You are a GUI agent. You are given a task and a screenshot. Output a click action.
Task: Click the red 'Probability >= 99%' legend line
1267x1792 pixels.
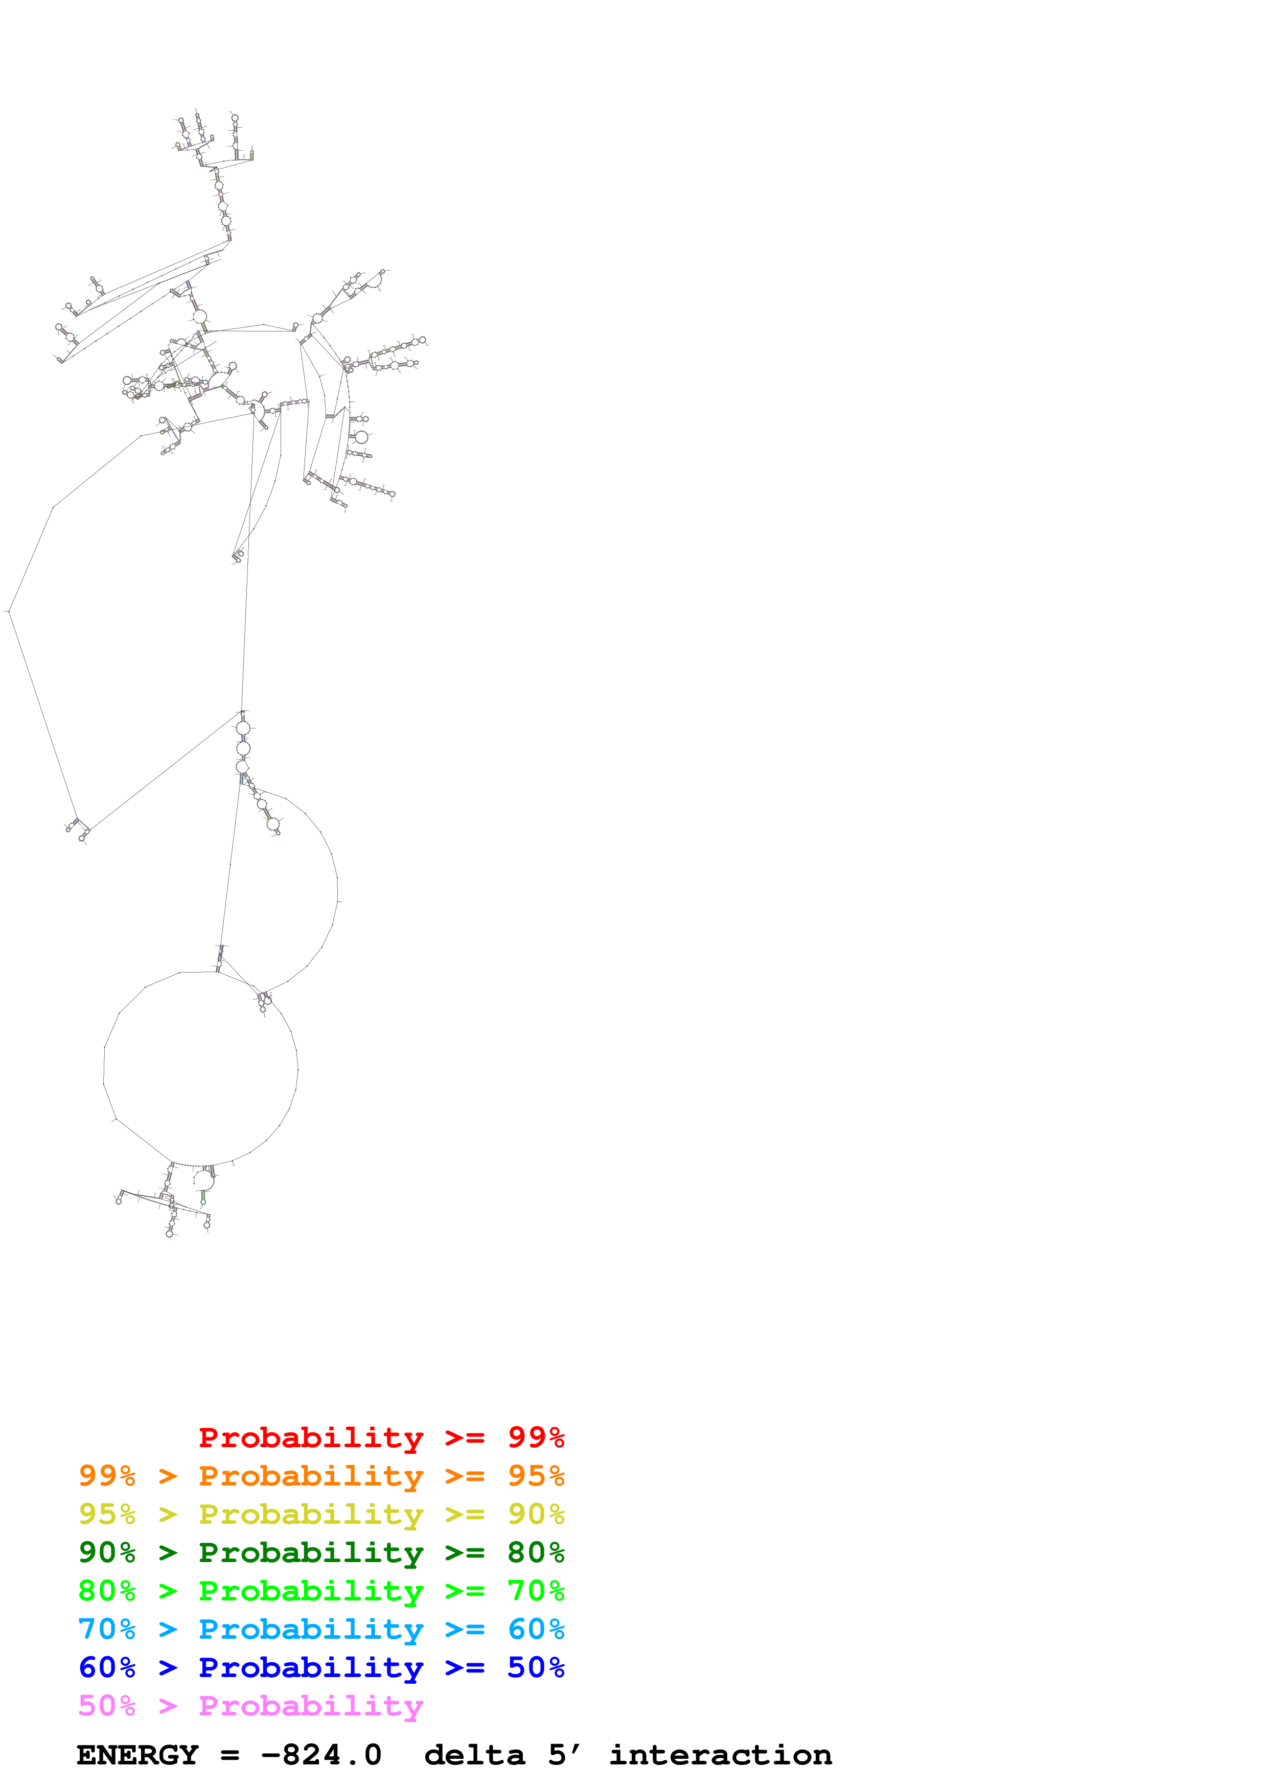(x=381, y=1437)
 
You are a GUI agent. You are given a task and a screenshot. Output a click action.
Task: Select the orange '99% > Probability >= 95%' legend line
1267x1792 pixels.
(x=321, y=1476)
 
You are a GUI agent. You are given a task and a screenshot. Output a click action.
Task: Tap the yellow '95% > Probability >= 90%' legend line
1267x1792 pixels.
(x=321, y=1514)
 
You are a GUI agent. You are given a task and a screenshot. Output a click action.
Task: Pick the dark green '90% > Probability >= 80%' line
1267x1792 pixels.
(x=321, y=1552)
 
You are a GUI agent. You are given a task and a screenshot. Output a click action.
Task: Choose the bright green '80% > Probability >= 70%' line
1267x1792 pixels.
(x=321, y=1591)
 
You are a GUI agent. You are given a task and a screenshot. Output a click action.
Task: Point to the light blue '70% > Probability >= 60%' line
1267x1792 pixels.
(x=321, y=1629)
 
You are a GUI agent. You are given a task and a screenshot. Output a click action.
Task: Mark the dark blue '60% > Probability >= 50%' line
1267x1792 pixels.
(x=321, y=1667)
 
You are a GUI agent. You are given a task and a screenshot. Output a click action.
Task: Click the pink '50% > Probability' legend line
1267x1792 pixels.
(x=250, y=1705)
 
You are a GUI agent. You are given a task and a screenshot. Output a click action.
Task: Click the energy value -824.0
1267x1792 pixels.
(x=321, y=1755)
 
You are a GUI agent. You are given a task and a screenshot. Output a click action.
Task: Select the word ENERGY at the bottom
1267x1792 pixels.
(x=137, y=1755)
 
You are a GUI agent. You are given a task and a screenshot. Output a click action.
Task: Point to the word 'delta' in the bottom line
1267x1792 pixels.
(x=475, y=1755)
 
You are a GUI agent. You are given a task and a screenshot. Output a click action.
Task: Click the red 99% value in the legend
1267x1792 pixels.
(x=536, y=1437)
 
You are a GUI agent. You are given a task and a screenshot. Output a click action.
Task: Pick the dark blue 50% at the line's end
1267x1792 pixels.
(x=536, y=1667)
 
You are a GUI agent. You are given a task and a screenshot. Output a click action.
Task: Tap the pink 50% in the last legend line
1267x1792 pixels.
(x=107, y=1705)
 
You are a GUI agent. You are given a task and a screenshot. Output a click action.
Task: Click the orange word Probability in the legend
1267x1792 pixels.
(x=311, y=1476)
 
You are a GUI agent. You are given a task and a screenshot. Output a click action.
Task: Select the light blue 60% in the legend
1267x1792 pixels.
(x=536, y=1629)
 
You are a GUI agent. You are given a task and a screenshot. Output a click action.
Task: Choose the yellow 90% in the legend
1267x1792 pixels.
(x=536, y=1514)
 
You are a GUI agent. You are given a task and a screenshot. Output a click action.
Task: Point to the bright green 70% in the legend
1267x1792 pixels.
(x=536, y=1591)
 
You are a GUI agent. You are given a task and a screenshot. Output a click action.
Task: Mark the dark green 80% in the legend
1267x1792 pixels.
(x=536, y=1552)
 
